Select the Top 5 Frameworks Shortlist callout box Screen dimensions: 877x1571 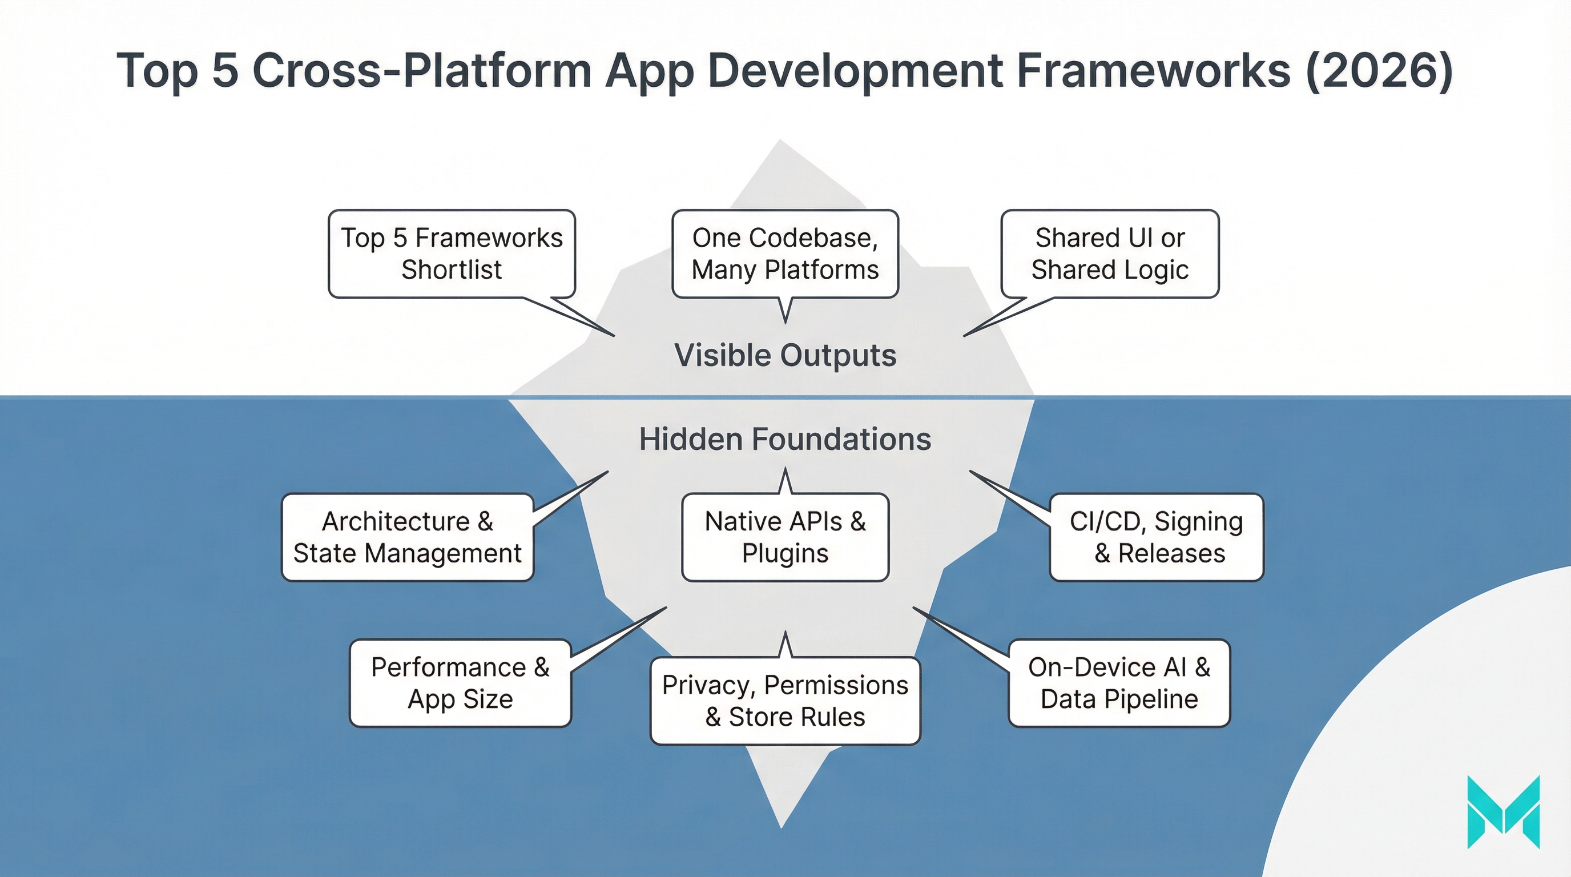(x=452, y=254)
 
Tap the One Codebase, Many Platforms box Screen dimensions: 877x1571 (x=785, y=254)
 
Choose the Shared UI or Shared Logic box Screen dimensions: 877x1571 (x=1109, y=254)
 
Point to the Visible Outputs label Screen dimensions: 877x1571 (x=785, y=355)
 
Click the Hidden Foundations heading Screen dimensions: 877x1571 (x=785, y=439)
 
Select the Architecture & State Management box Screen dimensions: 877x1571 (x=408, y=537)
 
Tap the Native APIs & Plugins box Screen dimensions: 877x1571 (x=785, y=537)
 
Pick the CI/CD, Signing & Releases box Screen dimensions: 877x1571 (x=1157, y=537)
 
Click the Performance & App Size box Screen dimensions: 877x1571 (x=460, y=683)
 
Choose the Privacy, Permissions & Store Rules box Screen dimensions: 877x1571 (x=785, y=701)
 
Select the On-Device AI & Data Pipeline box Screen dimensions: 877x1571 (x=1119, y=683)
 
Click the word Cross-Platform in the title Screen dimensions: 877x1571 (x=421, y=71)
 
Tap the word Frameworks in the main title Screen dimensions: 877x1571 (x=1153, y=71)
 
